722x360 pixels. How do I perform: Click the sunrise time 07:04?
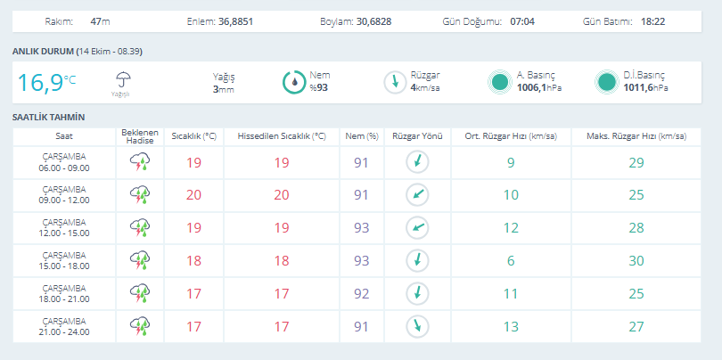point(522,21)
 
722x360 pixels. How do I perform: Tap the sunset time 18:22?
point(653,21)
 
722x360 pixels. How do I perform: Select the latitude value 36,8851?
point(235,21)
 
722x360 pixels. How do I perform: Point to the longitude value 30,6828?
point(373,21)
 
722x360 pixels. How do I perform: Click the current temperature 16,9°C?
point(46,83)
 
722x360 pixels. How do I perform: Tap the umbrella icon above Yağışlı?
point(123,79)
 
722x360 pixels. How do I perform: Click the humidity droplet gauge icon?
point(294,82)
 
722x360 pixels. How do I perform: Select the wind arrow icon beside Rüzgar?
point(395,82)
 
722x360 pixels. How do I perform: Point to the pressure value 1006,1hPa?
point(538,87)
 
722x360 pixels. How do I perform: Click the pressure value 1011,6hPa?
point(645,87)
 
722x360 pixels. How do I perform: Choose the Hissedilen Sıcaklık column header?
point(282,136)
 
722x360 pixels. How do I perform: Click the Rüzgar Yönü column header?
point(418,136)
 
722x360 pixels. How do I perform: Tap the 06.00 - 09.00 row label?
point(64,168)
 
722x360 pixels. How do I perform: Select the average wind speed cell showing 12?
point(511,228)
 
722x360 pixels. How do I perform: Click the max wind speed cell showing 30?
point(636,260)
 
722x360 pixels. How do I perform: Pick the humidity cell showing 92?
point(362,294)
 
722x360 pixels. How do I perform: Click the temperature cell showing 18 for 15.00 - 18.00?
point(193,260)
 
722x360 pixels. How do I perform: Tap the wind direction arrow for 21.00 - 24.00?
point(417,326)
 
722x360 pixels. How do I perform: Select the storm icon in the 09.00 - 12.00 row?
point(140,195)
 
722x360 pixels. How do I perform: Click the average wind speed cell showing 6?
point(511,260)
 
